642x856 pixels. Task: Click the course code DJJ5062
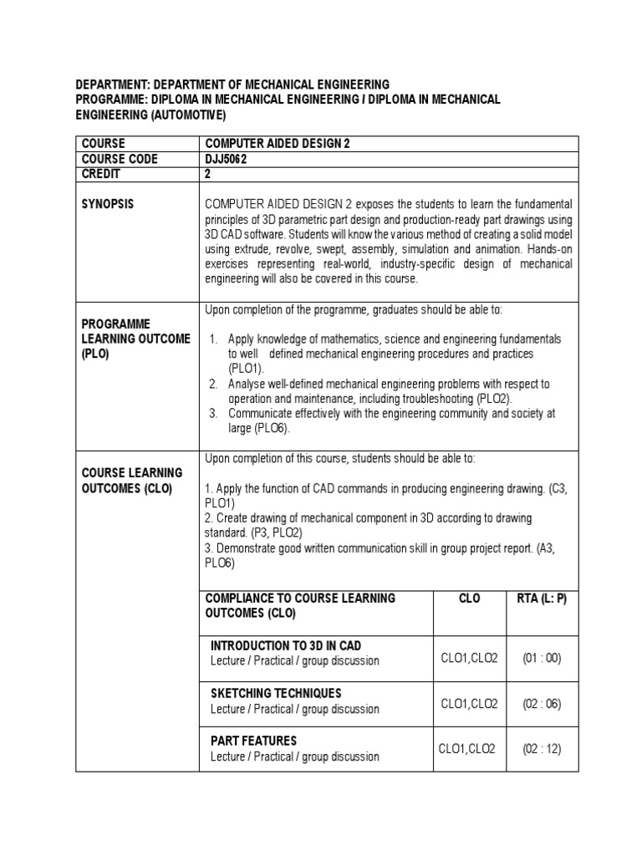(227, 159)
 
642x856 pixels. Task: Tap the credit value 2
(208, 174)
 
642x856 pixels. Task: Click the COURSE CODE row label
(119, 159)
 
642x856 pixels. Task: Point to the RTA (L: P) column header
(541, 599)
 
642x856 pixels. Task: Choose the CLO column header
(469, 599)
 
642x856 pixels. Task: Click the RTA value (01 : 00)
(542, 658)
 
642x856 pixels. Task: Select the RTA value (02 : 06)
(542, 704)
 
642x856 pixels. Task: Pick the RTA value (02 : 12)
(542, 749)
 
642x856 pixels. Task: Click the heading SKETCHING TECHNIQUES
(276, 693)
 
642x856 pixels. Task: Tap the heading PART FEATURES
(253, 741)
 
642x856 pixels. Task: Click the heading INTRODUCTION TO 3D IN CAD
(286, 645)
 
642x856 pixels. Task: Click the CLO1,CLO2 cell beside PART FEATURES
(467, 749)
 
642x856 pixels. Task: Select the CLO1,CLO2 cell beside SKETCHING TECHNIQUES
(469, 704)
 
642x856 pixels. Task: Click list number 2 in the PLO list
(213, 384)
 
